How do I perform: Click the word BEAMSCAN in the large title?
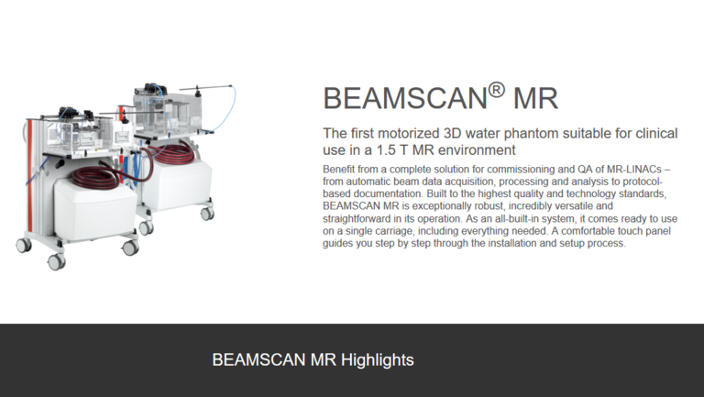[x=405, y=98]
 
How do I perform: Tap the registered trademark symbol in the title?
[x=496, y=89]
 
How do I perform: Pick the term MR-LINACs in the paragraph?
[x=634, y=170]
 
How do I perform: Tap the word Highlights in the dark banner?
[x=377, y=360]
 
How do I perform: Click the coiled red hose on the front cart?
[x=95, y=177]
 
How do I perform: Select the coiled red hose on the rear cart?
[x=173, y=154]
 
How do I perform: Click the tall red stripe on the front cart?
[x=29, y=176]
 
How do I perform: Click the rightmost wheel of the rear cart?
[x=207, y=214]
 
